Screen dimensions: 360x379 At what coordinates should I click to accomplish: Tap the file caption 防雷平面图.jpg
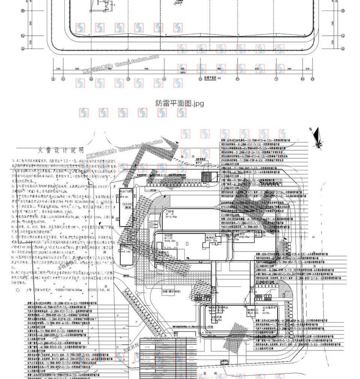(x=180, y=103)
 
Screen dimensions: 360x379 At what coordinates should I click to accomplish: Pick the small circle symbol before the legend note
(x=18, y=289)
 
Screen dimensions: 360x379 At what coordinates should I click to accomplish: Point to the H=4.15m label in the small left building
(x=126, y=251)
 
